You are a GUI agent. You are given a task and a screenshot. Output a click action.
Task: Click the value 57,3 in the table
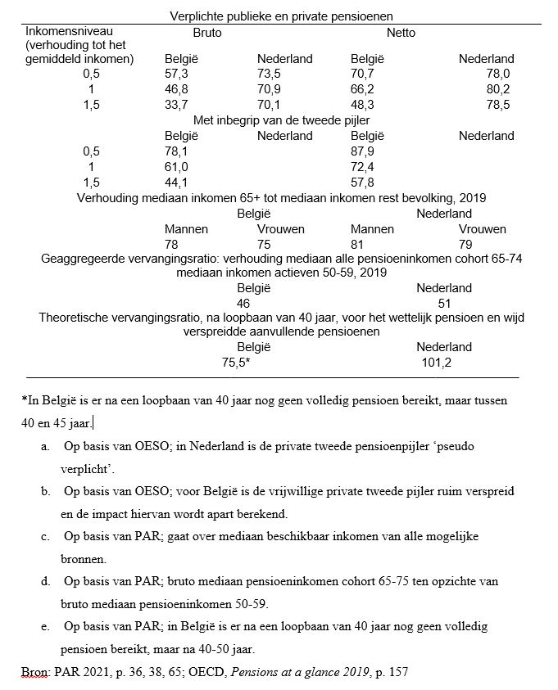[177, 74]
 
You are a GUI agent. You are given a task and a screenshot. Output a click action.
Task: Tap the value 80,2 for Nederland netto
[498, 89]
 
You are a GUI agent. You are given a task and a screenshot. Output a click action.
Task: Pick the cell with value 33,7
[177, 105]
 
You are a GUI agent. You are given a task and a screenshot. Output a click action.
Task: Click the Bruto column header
[207, 33]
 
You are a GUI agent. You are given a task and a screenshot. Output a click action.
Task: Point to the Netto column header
[401, 33]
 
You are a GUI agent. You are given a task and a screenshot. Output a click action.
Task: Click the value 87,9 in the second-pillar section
[363, 151]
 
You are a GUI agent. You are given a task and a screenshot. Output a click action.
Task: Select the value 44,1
[177, 182]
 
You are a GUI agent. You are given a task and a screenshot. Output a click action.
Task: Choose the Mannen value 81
[358, 243]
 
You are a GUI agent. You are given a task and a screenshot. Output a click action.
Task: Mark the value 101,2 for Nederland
[438, 362]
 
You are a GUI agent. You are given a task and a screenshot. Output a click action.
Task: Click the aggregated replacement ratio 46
[243, 303]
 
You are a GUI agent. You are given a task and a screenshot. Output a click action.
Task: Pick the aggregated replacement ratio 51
[444, 303]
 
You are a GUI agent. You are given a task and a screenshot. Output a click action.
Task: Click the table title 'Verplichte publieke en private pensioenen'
[282, 16]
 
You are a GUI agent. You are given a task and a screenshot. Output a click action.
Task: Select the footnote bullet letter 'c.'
[45, 536]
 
